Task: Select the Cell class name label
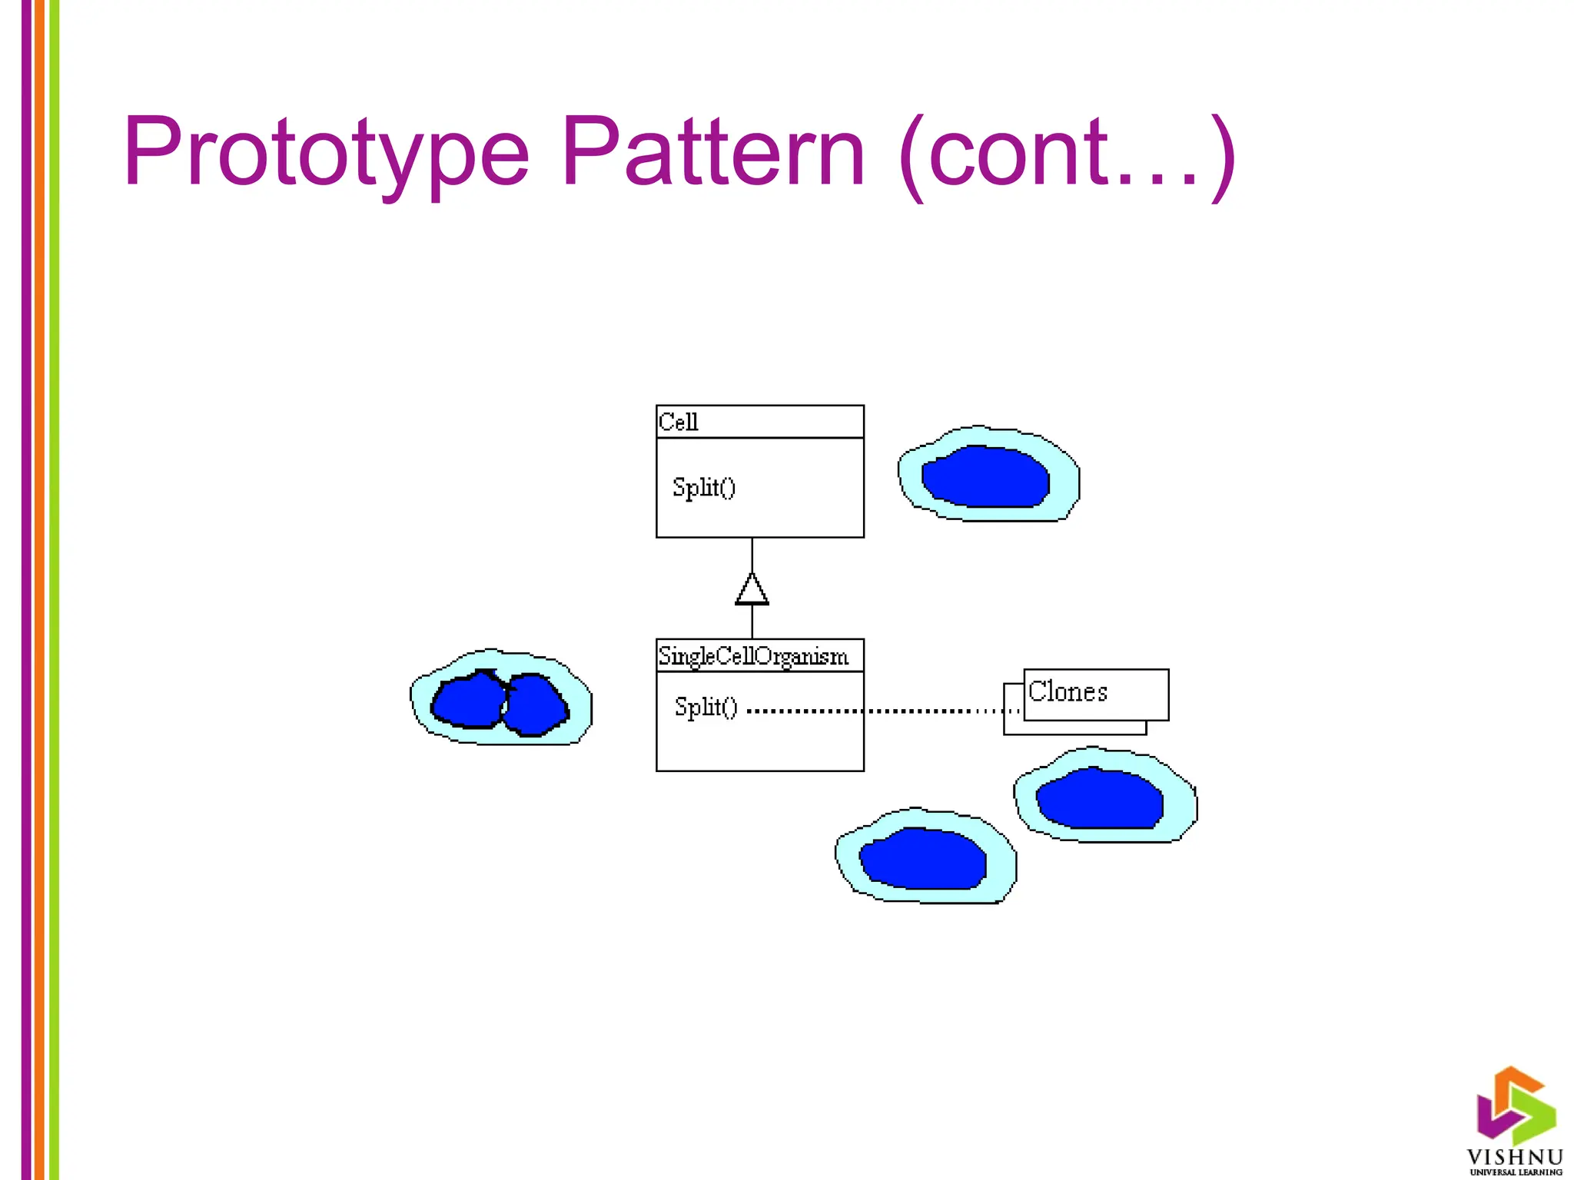point(678,422)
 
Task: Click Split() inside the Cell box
point(703,487)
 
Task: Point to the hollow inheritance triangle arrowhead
point(752,589)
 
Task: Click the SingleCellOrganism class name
point(753,656)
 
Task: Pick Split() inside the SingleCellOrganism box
point(706,707)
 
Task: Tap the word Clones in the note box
point(1068,691)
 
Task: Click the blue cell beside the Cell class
point(986,476)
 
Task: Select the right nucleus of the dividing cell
point(535,704)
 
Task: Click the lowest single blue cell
point(924,858)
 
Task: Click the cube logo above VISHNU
point(1515,1103)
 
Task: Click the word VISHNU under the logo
point(1515,1157)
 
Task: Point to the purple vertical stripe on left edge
point(27,590)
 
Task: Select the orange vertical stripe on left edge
point(40,590)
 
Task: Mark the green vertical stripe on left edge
point(54,590)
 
